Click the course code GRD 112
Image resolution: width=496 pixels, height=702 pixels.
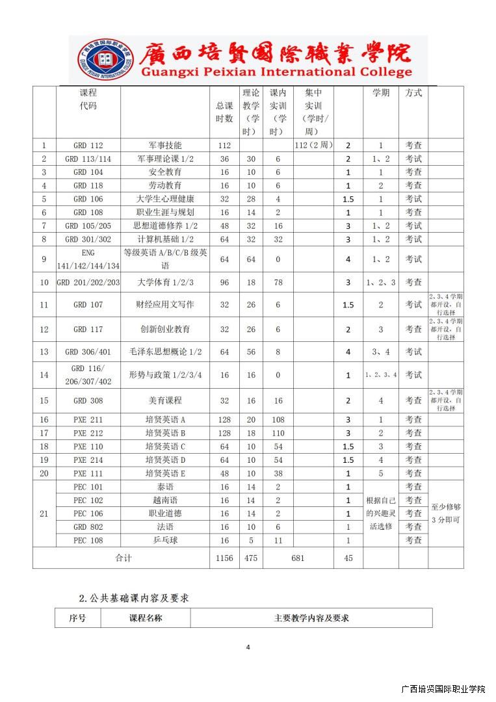point(88,146)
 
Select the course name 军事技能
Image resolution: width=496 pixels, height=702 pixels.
point(165,146)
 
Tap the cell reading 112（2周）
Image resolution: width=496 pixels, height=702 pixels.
point(313,146)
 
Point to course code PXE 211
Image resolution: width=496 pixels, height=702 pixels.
point(88,420)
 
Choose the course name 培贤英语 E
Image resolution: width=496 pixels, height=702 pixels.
point(165,473)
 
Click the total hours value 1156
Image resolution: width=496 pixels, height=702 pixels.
point(224,558)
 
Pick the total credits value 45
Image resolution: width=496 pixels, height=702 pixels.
point(348,558)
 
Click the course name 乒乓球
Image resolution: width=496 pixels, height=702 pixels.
point(165,540)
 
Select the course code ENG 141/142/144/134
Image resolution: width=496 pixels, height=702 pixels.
point(88,259)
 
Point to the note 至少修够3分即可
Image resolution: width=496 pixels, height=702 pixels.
point(446,513)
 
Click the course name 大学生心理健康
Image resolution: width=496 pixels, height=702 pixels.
point(165,199)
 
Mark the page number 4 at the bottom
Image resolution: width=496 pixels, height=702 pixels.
point(248,647)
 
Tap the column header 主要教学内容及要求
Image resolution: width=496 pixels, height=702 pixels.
point(311,618)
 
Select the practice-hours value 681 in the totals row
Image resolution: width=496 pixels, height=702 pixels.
point(298,558)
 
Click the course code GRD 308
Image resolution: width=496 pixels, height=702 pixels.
point(88,400)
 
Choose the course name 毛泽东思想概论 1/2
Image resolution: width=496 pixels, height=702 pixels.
point(165,352)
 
